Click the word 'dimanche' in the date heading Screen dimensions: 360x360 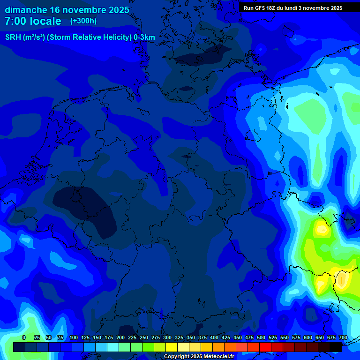tap(25, 10)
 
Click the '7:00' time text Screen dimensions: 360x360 tap(15, 21)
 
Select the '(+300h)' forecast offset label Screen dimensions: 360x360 tap(83, 21)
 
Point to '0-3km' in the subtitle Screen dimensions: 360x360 tap(144, 37)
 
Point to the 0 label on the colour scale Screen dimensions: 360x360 tap(24, 337)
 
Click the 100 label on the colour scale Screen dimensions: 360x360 tap(74, 337)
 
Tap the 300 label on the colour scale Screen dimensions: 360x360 tap(167, 337)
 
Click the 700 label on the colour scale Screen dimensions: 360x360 tap(343, 337)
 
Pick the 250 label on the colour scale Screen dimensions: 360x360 tap(144, 337)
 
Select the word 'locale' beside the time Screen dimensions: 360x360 tap(45, 21)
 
